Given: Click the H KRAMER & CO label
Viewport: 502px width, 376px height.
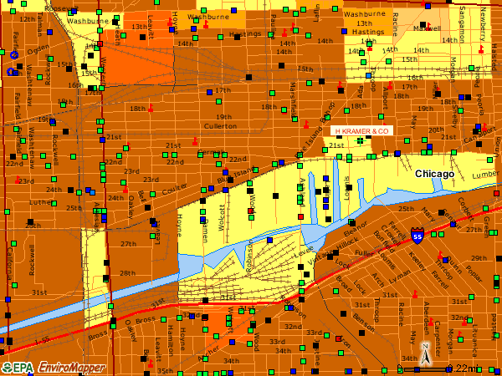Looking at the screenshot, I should (362, 132).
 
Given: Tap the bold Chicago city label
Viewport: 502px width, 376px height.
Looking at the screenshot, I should (434, 174).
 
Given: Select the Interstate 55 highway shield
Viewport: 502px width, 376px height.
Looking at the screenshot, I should (417, 238).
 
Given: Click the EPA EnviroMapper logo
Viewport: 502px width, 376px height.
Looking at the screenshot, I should (53, 368).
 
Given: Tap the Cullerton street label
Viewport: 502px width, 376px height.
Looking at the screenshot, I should (220, 125).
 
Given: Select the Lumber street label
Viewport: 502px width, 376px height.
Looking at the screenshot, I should (485, 175).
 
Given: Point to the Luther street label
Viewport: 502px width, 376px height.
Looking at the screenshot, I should (39, 201).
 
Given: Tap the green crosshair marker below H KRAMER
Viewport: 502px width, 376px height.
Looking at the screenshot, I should (360, 141).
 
